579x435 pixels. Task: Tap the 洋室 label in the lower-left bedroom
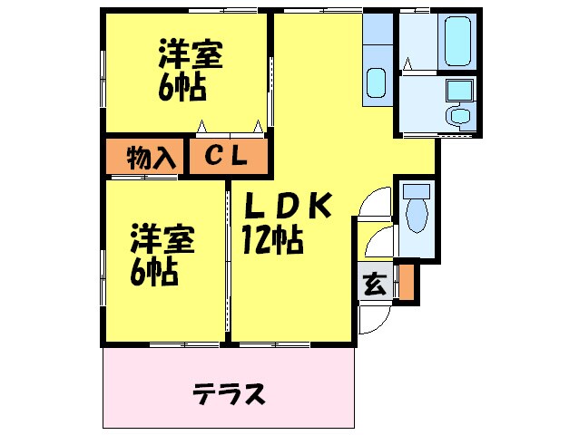click(163, 239)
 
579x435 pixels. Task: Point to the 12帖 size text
click(271, 240)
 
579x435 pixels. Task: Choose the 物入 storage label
click(151, 158)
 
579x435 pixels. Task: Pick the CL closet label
click(226, 157)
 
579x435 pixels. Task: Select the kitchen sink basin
click(376, 84)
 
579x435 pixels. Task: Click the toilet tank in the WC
click(417, 192)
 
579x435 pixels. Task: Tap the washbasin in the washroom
click(459, 116)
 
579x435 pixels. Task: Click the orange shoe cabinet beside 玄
click(407, 282)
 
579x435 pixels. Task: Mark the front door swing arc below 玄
click(372, 317)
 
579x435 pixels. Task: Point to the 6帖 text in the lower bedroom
click(153, 270)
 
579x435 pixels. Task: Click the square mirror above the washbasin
click(459, 90)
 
